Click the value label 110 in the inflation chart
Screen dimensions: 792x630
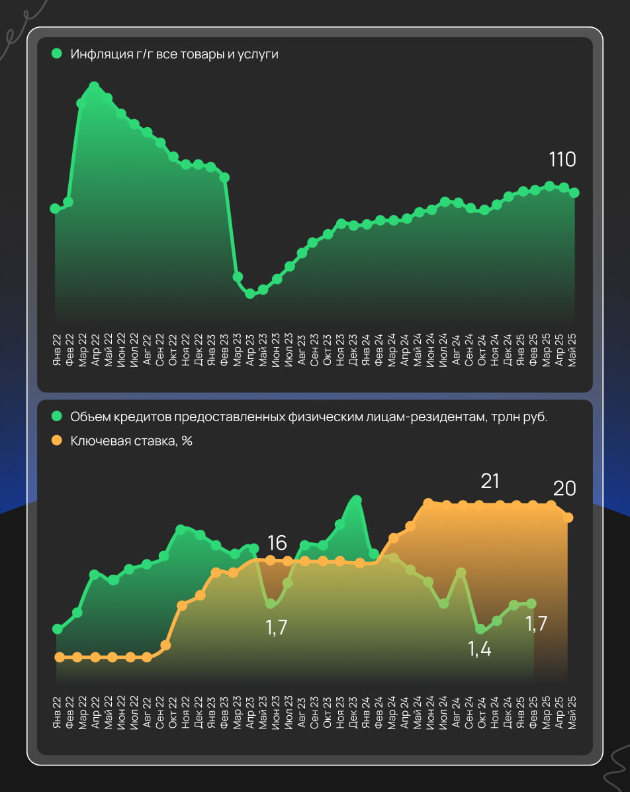click(x=562, y=160)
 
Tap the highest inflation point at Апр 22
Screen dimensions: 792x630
click(x=94, y=87)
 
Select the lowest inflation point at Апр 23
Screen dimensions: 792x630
click(x=250, y=293)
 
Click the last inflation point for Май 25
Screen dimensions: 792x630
click(x=574, y=193)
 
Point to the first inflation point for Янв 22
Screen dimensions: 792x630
click(x=55, y=209)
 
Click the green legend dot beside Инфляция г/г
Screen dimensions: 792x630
click(x=57, y=54)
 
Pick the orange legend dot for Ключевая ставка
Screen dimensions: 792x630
click(x=57, y=440)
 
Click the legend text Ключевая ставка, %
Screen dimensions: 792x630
click(x=131, y=440)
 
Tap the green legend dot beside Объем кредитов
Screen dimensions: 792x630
click(x=57, y=417)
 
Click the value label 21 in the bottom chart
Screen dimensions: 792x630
click(x=490, y=481)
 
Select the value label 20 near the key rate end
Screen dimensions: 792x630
click(x=564, y=489)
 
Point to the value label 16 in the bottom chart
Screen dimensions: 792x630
click(x=277, y=543)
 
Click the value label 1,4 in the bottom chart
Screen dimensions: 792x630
click(x=480, y=649)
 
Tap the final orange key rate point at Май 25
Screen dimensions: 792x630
click(x=568, y=517)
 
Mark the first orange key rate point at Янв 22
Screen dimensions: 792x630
click(x=60, y=657)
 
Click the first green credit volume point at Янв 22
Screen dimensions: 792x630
click(x=58, y=628)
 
